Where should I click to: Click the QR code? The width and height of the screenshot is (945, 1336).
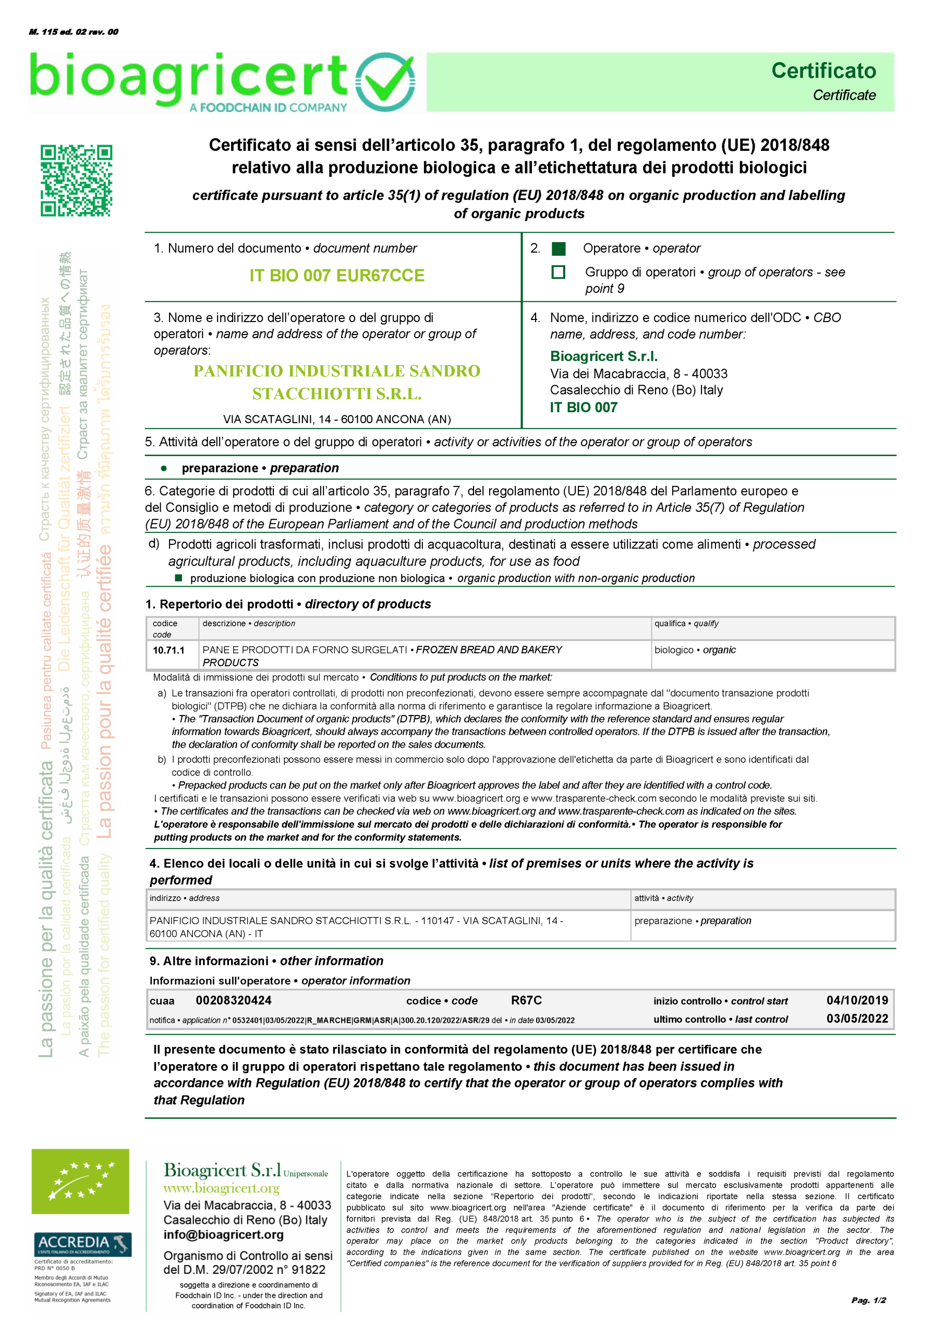(x=76, y=181)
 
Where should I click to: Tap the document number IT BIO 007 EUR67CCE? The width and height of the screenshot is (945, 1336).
(x=337, y=276)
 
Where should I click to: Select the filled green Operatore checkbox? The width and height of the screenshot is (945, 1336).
(x=558, y=248)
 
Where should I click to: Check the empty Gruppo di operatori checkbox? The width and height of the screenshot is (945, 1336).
(x=558, y=272)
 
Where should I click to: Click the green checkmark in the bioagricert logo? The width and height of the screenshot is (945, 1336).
(x=385, y=82)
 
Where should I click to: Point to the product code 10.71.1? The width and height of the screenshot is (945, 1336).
(x=169, y=650)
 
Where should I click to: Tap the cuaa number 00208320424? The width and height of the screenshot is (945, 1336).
(x=233, y=1000)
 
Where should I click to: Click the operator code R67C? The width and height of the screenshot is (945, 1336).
(x=526, y=1000)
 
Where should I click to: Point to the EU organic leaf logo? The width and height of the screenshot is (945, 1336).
(x=80, y=1181)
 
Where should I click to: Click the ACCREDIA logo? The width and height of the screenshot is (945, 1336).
(x=81, y=1245)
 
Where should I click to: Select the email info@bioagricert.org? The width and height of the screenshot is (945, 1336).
(x=223, y=1235)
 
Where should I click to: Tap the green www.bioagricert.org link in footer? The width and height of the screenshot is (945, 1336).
(x=221, y=1188)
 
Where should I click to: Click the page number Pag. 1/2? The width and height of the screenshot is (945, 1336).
(x=868, y=1300)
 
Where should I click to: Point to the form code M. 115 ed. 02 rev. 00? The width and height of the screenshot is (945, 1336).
(x=74, y=32)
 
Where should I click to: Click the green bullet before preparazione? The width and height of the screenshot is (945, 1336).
(x=164, y=468)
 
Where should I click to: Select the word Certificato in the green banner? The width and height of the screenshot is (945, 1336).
(x=823, y=71)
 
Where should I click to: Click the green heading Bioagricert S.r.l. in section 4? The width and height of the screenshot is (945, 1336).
(x=603, y=356)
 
